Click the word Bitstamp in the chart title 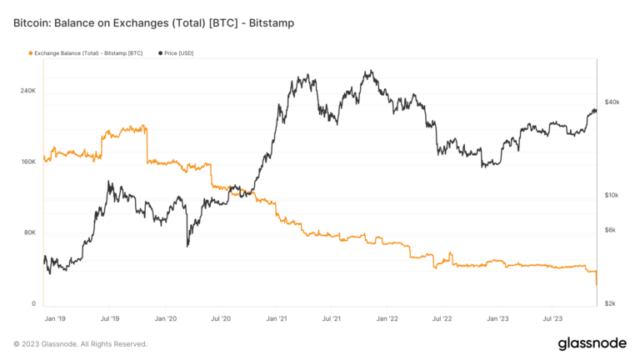[268, 22]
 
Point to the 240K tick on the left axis [27, 90]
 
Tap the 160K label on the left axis [27, 161]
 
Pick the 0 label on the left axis [33, 303]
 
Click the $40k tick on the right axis [612, 102]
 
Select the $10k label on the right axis [612, 195]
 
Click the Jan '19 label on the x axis [55, 318]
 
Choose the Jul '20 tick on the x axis [221, 318]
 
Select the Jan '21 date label [276, 318]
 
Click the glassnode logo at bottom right [592, 344]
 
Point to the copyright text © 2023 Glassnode [80, 344]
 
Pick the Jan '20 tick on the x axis [166, 318]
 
